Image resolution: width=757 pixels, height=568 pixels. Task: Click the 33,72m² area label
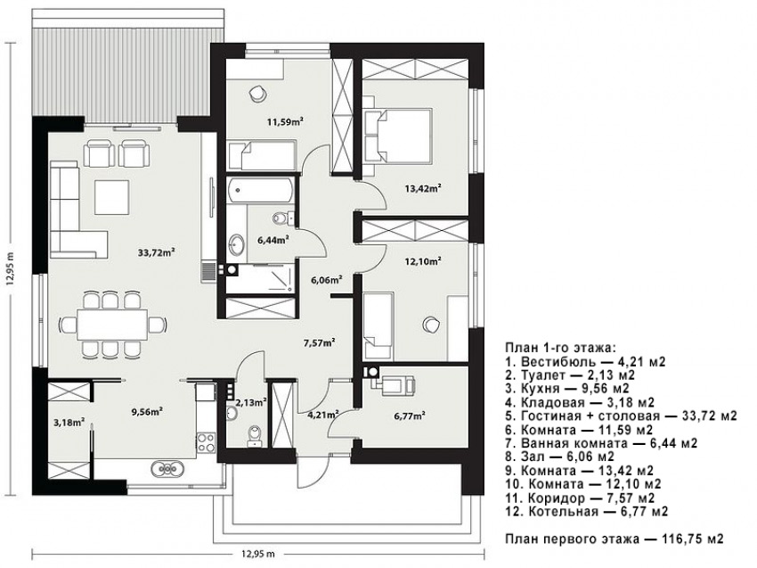(156, 252)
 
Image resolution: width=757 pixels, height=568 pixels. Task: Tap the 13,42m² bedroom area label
(422, 188)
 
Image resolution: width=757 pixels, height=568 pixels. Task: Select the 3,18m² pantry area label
(69, 423)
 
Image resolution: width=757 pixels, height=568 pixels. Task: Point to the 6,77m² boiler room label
(410, 416)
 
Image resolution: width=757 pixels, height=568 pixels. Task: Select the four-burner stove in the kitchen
(206, 441)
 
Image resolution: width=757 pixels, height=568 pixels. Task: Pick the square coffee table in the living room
(112, 197)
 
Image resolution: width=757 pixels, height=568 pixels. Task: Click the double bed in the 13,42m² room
(398, 136)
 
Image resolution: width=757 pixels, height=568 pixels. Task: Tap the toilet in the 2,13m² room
(254, 435)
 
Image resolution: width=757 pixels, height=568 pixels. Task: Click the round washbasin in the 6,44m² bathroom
(237, 244)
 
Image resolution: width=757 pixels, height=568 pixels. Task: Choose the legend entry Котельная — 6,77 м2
(587, 512)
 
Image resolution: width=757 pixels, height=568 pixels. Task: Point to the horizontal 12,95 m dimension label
(256, 554)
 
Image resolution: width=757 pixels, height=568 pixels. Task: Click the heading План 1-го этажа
(560, 348)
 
